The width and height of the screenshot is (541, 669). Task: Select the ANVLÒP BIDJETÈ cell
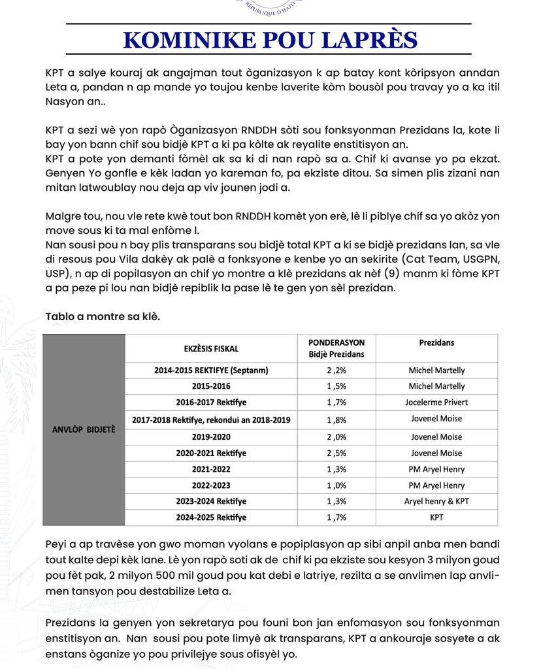(84, 430)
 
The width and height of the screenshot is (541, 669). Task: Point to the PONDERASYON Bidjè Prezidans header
(336, 348)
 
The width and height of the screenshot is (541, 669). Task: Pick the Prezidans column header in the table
(436, 343)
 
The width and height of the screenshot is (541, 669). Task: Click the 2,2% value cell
(336, 370)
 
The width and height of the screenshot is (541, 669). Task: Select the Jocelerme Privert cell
(436, 402)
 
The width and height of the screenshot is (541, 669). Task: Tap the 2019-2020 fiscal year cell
(211, 437)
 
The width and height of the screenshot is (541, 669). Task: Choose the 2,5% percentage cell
(336, 453)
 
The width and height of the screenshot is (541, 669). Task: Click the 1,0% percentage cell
(336, 485)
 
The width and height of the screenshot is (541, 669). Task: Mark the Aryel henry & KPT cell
(436, 502)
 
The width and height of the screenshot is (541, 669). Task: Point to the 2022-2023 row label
(211, 485)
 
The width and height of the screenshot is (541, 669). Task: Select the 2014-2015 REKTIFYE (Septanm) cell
(211, 370)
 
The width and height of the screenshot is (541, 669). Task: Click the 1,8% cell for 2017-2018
(336, 419)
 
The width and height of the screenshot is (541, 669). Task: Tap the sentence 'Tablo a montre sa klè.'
(103, 317)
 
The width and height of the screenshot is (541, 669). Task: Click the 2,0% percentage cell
(336, 437)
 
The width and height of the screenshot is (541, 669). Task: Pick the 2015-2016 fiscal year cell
(211, 386)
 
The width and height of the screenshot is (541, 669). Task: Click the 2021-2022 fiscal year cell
(211, 469)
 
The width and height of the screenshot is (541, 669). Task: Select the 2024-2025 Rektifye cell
(211, 517)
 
